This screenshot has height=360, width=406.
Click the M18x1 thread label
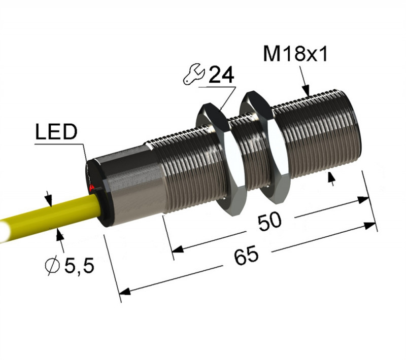[295, 54]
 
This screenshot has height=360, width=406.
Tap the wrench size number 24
[221, 75]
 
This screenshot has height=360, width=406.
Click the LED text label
[56, 132]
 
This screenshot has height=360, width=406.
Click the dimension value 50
[269, 222]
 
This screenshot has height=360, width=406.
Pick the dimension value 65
[246, 256]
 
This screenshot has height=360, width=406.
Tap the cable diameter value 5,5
[79, 266]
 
